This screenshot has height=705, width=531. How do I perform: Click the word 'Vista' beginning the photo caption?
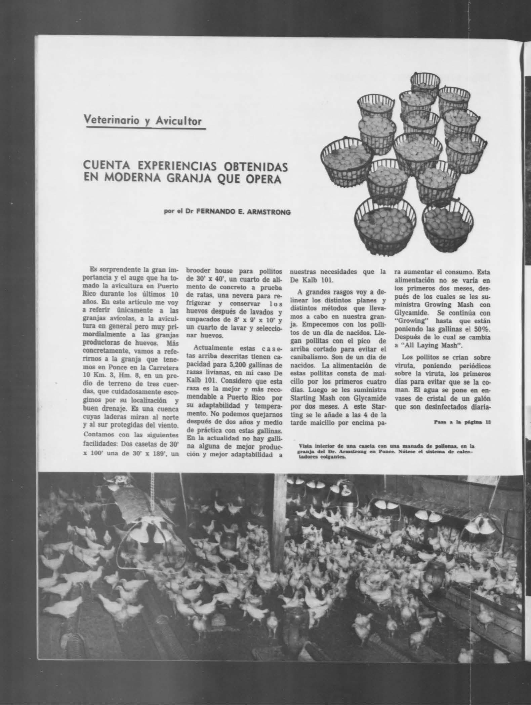pyautogui.click(x=304, y=446)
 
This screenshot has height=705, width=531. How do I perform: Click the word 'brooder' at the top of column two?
pyautogui.click(x=199, y=271)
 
